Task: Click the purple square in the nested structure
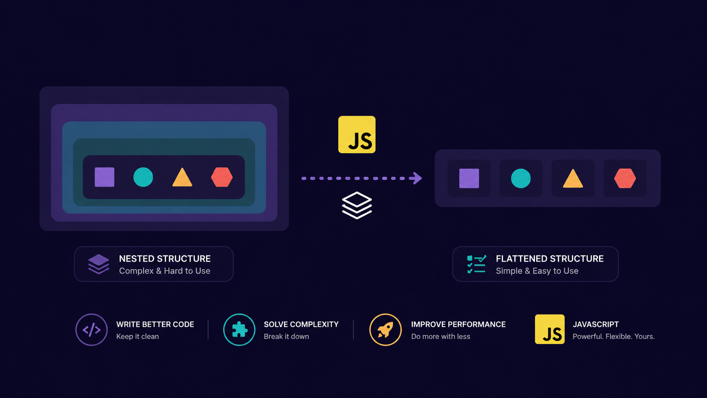(104, 177)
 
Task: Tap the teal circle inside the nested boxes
(143, 177)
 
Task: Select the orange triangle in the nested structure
(182, 178)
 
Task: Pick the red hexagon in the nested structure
(222, 177)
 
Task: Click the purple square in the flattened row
(469, 178)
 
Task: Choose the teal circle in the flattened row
(521, 178)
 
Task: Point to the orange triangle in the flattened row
(573, 179)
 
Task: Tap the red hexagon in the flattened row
(625, 178)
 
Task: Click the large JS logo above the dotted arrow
(357, 134)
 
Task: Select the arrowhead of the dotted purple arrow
(417, 178)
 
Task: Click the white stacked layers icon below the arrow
(357, 205)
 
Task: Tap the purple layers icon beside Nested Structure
(99, 264)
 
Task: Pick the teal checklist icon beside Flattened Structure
(477, 264)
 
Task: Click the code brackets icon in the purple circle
(91, 330)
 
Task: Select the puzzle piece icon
(239, 329)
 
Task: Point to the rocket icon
(385, 329)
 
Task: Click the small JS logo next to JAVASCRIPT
(550, 329)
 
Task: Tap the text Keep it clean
(137, 336)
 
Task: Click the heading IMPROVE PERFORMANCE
(458, 324)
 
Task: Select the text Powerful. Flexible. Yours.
(614, 336)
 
